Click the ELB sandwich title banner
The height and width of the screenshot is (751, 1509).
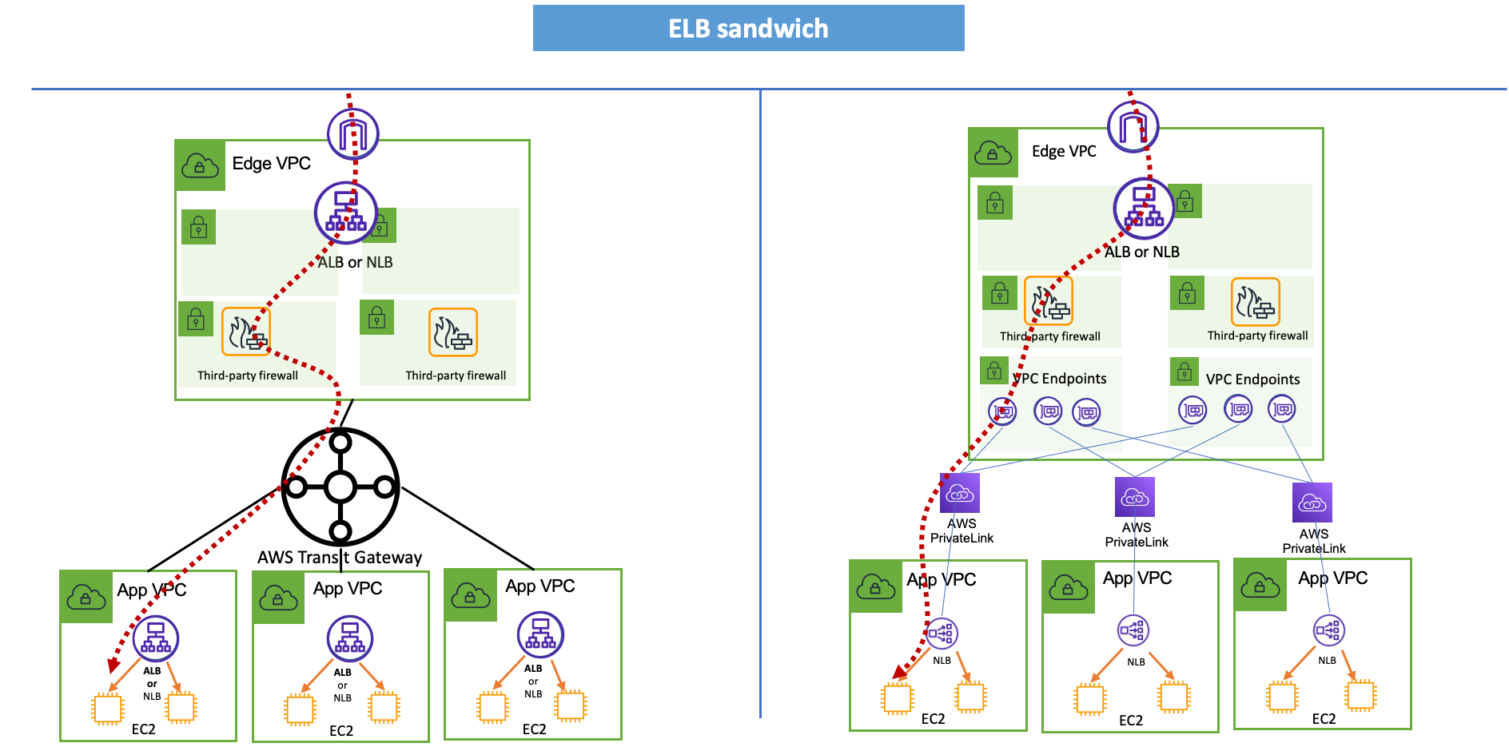pos(748,29)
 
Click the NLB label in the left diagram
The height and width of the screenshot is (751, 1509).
pos(380,262)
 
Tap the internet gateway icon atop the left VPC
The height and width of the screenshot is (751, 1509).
pos(352,133)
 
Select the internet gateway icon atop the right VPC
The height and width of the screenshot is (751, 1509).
pos(1133,126)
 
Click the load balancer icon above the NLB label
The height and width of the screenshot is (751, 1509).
pos(345,213)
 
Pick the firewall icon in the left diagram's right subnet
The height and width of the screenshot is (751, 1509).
pos(452,332)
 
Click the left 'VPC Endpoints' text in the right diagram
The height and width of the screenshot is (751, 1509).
pos(1060,379)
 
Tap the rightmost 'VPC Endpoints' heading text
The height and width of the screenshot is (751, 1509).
pos(1252,379)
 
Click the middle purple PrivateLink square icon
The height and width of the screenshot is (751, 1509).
pos(1134,497)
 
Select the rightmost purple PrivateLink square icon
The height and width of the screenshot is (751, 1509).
pos(1312,503)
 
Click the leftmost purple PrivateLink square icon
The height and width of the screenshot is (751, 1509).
pos(959,494)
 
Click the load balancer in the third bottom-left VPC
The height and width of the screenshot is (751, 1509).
pos(540,634)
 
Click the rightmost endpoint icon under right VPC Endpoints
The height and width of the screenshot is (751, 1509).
pos(1282,409)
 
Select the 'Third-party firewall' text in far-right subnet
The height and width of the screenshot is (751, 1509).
pos(1257,336)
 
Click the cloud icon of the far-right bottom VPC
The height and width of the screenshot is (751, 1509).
pos(1260,586)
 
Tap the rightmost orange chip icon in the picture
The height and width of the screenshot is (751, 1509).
pos(1360,695)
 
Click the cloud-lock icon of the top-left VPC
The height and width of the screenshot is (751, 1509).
pos(200,166)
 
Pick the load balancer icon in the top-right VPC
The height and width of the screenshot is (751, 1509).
pos(1144,208)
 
